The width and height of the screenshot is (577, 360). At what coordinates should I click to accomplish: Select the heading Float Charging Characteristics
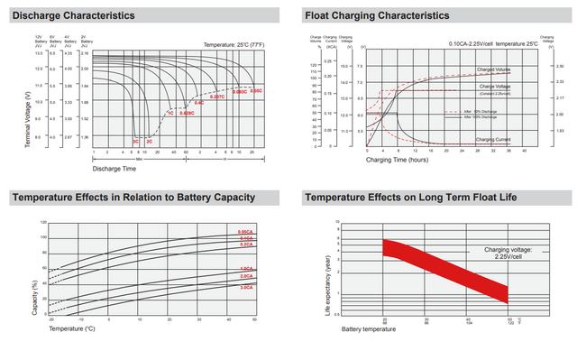(377, 16)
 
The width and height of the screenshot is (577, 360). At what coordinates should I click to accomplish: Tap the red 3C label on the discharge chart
(136, 142)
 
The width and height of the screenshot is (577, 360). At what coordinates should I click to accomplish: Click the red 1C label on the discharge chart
(169, 113)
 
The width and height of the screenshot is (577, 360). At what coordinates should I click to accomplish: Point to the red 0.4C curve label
(199, 103)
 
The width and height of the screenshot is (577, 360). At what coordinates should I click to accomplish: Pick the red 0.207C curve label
(217, 97)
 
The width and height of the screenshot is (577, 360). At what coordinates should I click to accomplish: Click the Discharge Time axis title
(115, 168)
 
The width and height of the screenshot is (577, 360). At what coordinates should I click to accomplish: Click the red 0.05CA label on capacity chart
(244, 234)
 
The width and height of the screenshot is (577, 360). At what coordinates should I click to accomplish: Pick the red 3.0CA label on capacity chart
(245, 287)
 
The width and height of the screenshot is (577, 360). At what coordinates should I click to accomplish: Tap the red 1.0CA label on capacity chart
(245, 269)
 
